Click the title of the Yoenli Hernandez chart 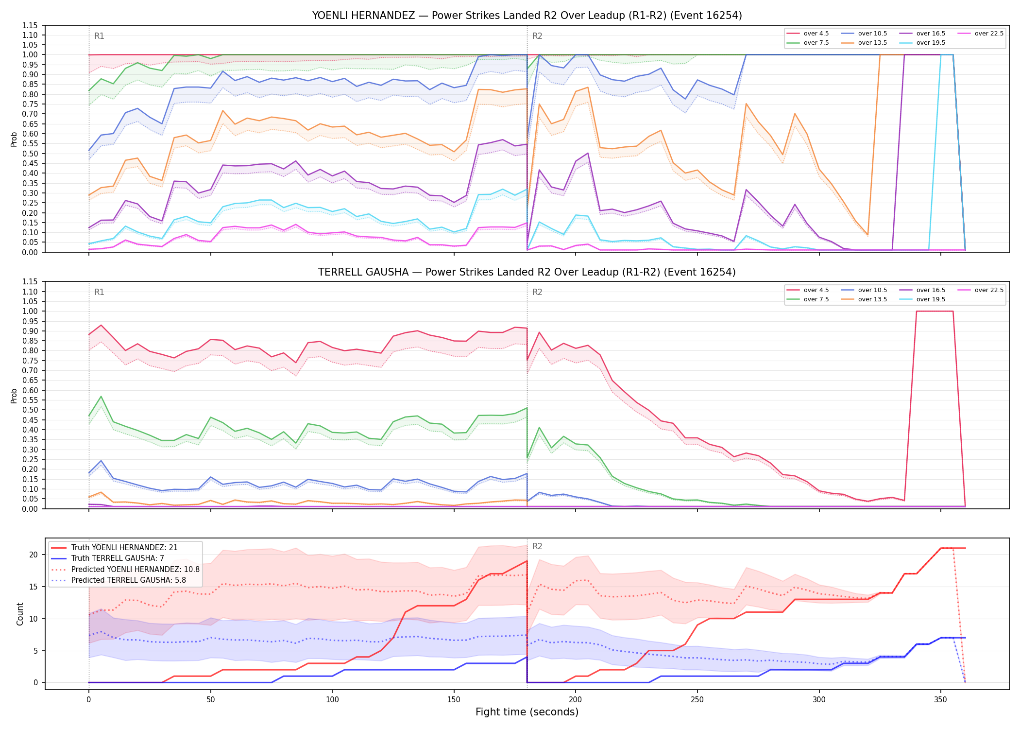527,16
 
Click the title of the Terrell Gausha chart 527,272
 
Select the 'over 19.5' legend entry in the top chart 922,43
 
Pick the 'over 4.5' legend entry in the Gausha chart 808,290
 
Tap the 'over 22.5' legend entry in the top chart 980,34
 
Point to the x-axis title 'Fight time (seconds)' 527,712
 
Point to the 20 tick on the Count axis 34,555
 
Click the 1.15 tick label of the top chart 30,25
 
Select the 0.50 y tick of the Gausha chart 30,410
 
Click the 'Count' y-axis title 20,614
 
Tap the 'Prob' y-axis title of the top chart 14,139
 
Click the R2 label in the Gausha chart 537,292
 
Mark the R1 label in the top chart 99,36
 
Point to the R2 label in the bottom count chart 537,546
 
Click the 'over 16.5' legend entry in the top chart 922,34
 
